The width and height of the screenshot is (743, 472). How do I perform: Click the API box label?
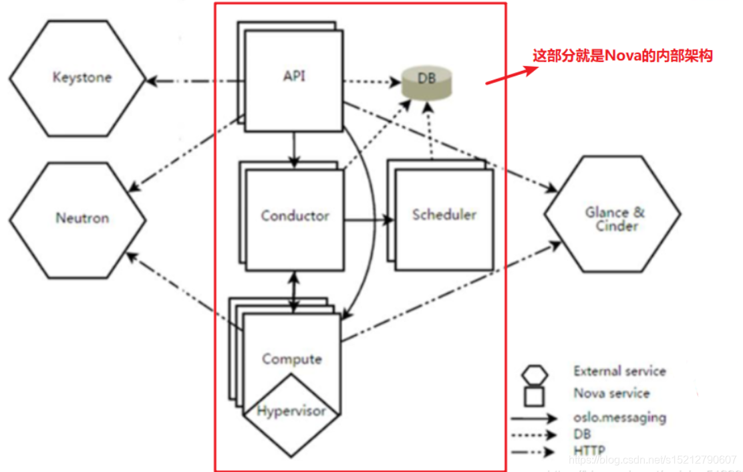294,76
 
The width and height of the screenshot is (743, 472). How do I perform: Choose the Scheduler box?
444,215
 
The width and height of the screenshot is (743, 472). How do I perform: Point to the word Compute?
291,359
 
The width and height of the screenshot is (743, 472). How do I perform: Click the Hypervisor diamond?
291,410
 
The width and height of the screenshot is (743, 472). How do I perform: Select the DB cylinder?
426,80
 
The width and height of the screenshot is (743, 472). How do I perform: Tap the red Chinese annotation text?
622,56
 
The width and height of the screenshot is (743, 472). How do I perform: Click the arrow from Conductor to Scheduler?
367,219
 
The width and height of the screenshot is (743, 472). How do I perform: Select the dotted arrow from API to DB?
371,83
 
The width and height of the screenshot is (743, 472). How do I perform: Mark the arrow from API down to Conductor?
293,148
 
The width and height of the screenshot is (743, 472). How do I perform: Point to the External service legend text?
619,371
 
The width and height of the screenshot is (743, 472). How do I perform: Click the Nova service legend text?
611,394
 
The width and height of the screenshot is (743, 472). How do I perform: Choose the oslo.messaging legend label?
619,418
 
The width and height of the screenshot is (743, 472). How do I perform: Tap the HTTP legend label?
590,451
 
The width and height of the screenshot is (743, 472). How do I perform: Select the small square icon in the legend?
534,396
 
